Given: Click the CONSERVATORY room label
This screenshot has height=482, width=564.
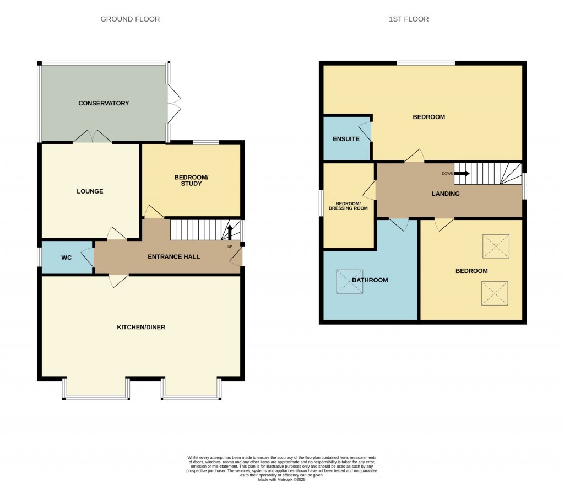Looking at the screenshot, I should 104,103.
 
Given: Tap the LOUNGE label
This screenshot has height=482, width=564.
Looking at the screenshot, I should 90,191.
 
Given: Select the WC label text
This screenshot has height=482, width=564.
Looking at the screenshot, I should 67,258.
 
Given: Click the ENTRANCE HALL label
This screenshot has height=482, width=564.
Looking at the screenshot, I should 173,257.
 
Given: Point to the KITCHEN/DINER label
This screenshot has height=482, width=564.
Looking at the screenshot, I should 141,327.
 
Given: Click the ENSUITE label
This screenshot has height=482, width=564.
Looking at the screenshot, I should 346,139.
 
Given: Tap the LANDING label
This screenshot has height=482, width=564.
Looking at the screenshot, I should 446,194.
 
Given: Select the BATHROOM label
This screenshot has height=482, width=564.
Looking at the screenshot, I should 370,280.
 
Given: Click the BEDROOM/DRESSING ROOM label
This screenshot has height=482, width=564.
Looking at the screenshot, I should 348,205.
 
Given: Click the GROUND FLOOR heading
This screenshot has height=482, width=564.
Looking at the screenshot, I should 130,19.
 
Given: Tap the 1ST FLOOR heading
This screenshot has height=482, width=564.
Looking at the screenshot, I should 409,19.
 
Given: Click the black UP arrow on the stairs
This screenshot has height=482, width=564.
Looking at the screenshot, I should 230,231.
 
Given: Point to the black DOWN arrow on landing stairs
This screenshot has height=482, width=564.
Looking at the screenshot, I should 462,173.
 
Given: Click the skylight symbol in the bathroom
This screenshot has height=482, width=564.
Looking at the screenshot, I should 350,282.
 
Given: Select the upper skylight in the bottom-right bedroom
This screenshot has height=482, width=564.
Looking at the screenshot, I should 496,247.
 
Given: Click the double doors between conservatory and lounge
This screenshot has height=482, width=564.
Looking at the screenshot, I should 92,137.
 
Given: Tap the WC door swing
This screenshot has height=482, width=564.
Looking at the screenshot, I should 87,258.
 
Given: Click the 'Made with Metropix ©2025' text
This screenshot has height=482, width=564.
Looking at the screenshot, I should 281,480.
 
